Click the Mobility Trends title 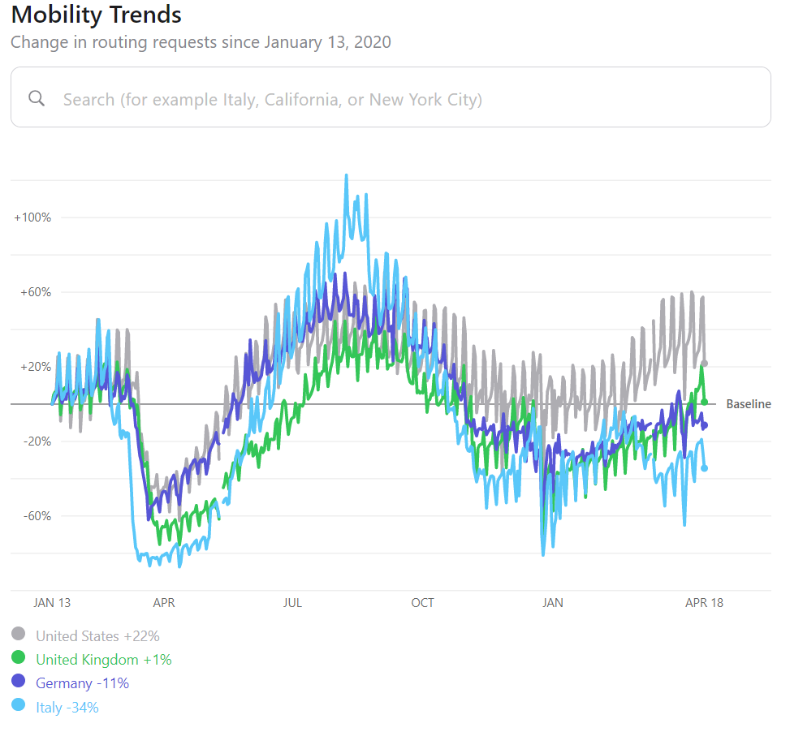(96, 15)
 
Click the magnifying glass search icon (37, 98)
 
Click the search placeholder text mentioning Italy (272, 100)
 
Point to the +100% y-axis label (32, 217)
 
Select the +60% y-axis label (35, 292)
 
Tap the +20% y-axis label (35, 367)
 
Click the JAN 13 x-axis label (52, 603)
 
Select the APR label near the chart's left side (164, 603)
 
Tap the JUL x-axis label (293, 603)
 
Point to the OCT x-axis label (422, 603)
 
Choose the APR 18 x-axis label (704, 603)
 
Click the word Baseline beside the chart (748, 404)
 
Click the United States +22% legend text (97, 636)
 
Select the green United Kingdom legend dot (19, 658)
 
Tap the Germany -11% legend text (82, 683)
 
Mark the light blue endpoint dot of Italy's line (704, 468)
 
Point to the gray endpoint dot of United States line (705, 364)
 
